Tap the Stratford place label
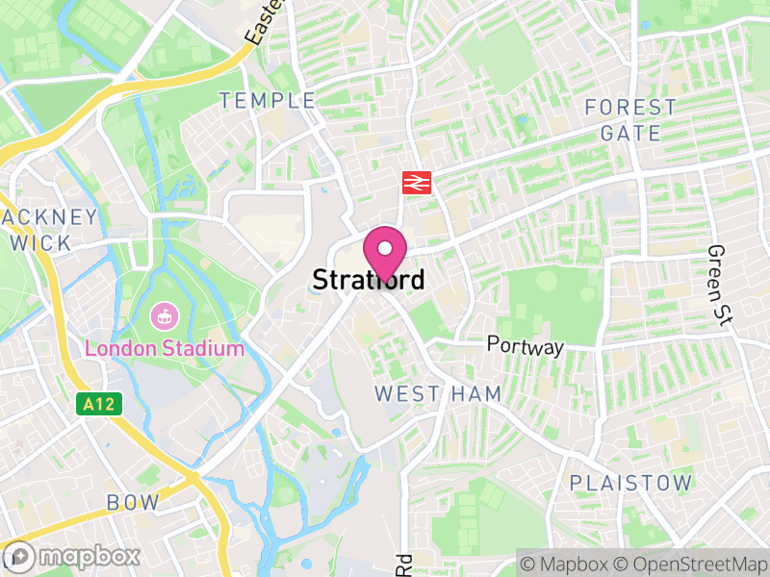369,280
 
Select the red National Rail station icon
416,182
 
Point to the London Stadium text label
165,347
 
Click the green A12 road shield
98,404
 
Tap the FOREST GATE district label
630,119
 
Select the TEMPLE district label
268,100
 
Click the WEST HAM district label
424,393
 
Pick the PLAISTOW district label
630,482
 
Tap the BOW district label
133,502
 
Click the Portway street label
525,345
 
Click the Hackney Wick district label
43,229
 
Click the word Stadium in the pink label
204,347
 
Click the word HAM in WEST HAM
455,393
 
